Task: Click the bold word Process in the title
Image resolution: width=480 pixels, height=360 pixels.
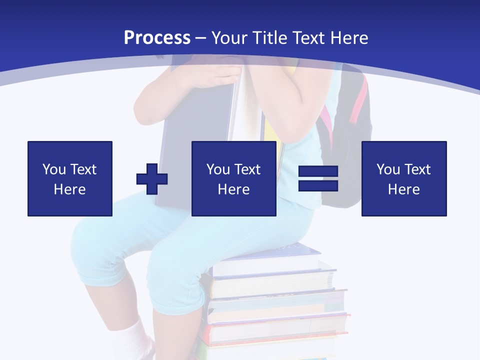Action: [157, 38]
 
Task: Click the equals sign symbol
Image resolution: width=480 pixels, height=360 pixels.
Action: [318, 178]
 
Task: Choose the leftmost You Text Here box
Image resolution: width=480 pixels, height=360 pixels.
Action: [70, 178]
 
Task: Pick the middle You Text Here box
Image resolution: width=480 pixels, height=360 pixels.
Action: [234, 178]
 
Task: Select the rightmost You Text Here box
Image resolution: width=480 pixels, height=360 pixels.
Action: [404, 178]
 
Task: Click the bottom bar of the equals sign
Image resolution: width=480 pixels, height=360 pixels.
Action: [318, 185]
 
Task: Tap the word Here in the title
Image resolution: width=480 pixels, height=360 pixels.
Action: [349, 38]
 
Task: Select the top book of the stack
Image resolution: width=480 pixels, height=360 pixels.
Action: [270, 252]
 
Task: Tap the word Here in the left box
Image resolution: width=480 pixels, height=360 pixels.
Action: [70, 189]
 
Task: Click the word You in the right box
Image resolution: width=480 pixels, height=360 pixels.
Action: [388, 169]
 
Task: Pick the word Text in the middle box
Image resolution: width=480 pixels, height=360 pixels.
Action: [248, 169]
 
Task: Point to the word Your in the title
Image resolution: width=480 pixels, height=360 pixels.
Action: [229, 38]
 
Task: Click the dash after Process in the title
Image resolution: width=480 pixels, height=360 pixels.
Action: [200, 38]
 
